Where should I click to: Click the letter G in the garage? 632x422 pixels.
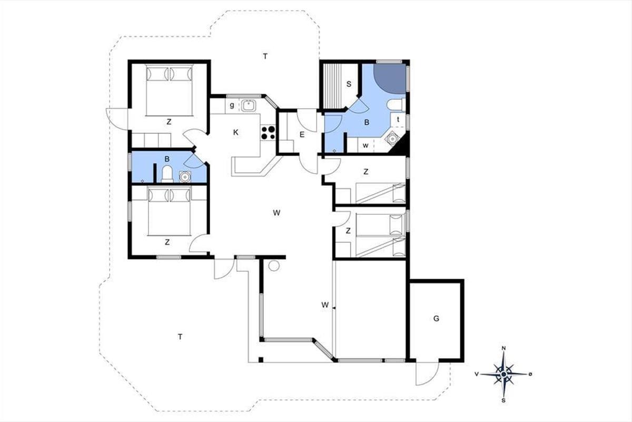tap(436, 319)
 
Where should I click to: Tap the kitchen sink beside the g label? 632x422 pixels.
tap(249, 105)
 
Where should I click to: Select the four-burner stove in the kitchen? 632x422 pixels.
tap(268, 133)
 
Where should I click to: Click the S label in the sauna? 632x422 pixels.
tap(349, 84)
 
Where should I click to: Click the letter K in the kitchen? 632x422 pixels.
tap(236, 132)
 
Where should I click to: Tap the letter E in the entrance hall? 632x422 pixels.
tap(302, 135)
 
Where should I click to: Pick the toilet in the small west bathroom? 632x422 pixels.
tap(167, 174)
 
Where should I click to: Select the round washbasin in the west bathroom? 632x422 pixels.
tap(185, 177)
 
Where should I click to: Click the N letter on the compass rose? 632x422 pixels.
tap(503, 348)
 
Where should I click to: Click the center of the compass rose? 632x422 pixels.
tap(503, 374)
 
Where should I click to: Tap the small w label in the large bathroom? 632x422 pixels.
tap(366, 146)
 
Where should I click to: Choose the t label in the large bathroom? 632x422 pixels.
tap(398, 119)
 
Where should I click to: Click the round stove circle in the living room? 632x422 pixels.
tap(274, 266)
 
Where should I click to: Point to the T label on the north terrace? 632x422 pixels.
tap(265, 56)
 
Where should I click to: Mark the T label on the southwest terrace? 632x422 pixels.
tap(180, 337)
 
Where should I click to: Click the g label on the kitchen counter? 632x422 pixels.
tap(232, 105)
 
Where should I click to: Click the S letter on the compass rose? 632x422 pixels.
tap(503, 400)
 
